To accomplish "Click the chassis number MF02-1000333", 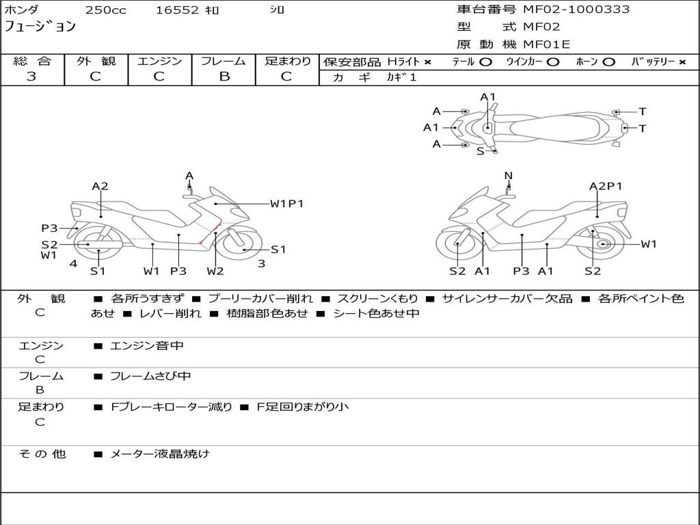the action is coord(576,10).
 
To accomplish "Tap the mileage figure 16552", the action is coord(177,10).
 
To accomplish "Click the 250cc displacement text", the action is coord(106,10).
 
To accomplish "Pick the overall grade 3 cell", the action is coord(31,77).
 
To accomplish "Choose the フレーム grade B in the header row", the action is coord(224,77).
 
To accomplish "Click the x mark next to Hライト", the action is coord(428,62).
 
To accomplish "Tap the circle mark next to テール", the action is coord(485,62).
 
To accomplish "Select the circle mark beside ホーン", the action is coord(608,62).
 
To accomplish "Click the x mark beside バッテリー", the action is coord(682,62).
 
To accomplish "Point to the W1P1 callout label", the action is coord(286,204).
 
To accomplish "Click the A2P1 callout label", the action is coord(606,186).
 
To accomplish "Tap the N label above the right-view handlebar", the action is coord(508,176).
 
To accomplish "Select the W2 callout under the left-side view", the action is coord(215,271).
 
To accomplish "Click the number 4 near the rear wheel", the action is coord(73,263).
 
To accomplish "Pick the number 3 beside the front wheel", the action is coord(262,263).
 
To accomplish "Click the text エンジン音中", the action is coord(146,345).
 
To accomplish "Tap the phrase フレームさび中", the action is coord(150,376).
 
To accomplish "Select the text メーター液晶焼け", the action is coord(159,454).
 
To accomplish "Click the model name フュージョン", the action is coord(40,26).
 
